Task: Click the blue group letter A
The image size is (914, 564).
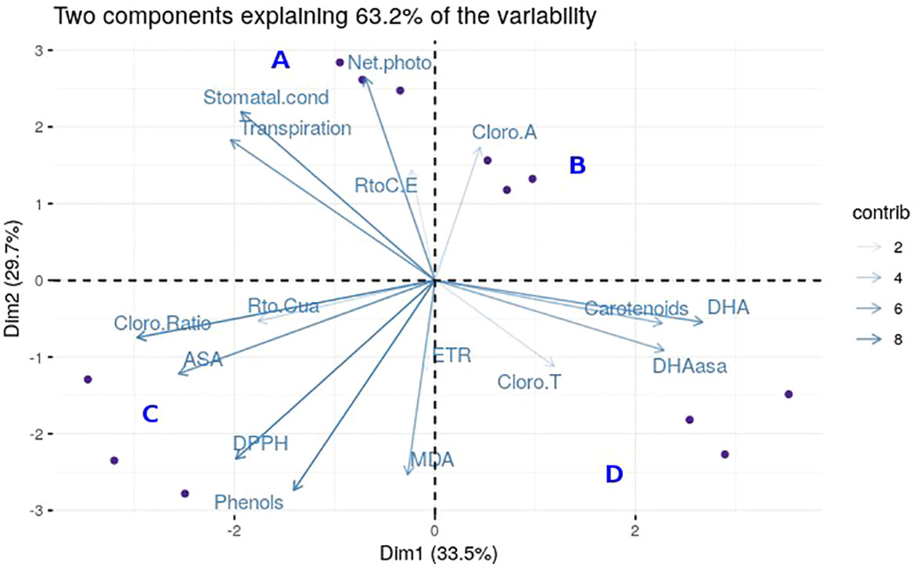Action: [281, 60]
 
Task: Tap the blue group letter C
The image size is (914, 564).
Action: [150, 415]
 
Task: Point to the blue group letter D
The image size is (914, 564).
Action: [614, 474]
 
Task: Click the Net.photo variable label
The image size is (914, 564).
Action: [390, 63]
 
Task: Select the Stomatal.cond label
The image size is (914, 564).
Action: [265, 98]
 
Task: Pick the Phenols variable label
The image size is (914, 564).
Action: [249, 502]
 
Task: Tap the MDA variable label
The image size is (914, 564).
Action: [432, 459]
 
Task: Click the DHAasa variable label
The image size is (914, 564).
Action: [690, 365]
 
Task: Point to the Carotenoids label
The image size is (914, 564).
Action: [636, 308]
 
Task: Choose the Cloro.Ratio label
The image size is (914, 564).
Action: [162, 322]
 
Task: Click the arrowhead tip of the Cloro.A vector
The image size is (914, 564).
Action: [480, 148]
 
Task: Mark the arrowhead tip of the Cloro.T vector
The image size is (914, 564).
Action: [555, 366]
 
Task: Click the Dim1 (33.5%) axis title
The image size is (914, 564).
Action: [436, 552]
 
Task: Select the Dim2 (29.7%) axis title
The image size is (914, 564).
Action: [15, 280]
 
